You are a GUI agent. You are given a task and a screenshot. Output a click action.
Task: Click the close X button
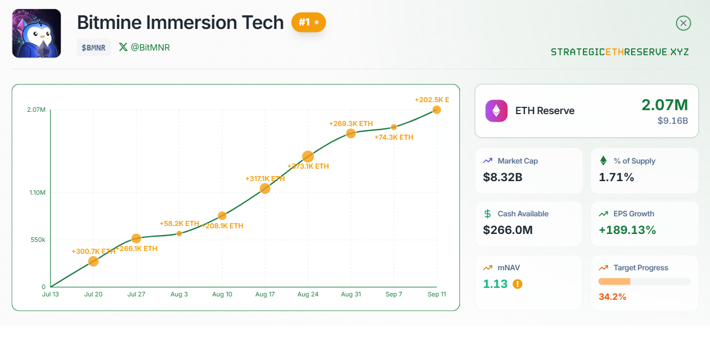[x=683, y=23]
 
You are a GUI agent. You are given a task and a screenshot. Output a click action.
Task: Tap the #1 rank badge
[x=308, y=22]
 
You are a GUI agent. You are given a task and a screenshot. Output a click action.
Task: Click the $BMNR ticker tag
[x=94, y=48]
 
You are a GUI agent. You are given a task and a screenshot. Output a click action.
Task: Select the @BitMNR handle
[x=145, y=47]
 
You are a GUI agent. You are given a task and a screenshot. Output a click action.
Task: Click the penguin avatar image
[x=36, y=34]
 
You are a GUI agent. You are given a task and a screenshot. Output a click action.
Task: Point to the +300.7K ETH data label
[x=93, y=251]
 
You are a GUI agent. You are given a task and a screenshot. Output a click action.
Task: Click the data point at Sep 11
[x=436, y=110]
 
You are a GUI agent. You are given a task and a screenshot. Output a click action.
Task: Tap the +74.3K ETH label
[x=394, y=137]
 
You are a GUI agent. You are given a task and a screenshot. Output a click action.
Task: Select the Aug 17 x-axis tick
[x=265, y=295]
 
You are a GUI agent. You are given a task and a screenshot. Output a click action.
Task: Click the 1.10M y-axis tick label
[x=37, y=193]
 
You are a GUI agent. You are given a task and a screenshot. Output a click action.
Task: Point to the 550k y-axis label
[x=37, y=240]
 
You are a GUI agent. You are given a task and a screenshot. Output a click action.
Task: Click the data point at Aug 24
[x=308, y=156]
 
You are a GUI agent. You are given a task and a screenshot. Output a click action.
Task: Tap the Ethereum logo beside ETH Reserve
[x=497, y=111]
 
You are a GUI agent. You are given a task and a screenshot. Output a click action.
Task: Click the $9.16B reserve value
[x=673, y=121]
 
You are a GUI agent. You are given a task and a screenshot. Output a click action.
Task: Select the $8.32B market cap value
[x=502, y=177]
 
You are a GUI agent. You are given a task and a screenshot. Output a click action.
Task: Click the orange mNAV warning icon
[x=517, y=284]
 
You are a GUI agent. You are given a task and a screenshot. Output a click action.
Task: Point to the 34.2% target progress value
[x=612, y=296]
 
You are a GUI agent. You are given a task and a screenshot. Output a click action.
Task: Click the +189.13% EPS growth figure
[x=627, y=230]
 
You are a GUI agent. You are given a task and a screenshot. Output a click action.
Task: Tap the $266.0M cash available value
[x=508, y=230]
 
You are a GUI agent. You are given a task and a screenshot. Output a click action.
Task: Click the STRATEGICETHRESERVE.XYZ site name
[x=620, y=52]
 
